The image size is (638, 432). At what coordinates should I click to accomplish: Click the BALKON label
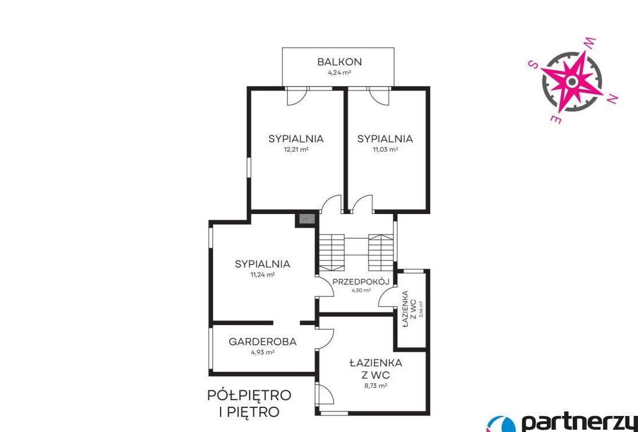pyautogui.click(x=340, y=62)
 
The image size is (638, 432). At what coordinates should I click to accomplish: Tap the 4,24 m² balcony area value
pyautogui.click(x=340, y=73)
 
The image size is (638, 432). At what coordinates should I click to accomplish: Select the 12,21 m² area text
pyautogui.click(x=296, y=149)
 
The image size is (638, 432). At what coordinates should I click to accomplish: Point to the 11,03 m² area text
pyautogui.click(x=385, y=149)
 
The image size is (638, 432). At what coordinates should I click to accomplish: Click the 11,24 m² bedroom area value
pyautogui.click(x=263, y=274)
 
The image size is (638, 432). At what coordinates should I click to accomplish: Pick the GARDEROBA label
pyautogui.click(x=262, y=342)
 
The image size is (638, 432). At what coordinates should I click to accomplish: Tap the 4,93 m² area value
pyautogui.click(x=262, y=352)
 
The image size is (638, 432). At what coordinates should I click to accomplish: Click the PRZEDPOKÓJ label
pyautogui.click(x=361, y=281)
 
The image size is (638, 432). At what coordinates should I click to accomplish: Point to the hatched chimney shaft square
pyautogui.click(x=307, y=219)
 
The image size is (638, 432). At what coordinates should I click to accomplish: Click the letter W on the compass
pyautogui.click(x=589, y=43)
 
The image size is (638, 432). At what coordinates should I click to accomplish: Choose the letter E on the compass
pyautogui.click(x=556, y=118)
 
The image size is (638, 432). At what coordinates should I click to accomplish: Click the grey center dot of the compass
pyautogui.click(x=572, y=82)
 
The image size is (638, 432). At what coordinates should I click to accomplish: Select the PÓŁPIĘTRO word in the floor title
pyautogui.click(x=250, y=395)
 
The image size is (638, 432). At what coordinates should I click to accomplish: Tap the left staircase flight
pyautogui.click(x=332, y=252)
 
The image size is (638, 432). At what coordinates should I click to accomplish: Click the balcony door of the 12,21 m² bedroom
pyautogui.click(x=297, y=96)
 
